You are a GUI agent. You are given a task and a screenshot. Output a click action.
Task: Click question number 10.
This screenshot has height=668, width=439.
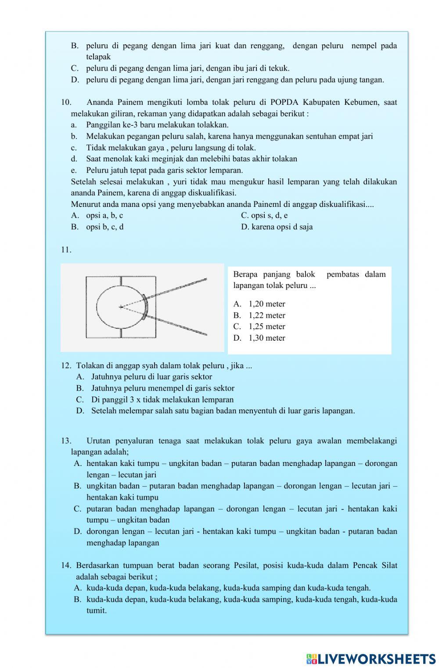coord(66,103)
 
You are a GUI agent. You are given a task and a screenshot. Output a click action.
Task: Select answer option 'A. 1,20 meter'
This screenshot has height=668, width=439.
coord(259,304)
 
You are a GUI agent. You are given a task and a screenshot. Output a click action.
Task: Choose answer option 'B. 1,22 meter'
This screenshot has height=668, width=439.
coord(259,315)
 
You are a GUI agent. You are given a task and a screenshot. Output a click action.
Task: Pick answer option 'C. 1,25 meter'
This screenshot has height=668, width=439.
coord(259,327)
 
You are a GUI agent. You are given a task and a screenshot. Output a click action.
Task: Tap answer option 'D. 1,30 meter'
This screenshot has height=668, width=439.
coord(259,338)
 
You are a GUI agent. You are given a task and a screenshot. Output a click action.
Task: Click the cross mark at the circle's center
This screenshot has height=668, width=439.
coord(121,307)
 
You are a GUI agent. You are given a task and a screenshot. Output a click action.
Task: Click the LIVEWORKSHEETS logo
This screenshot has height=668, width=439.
coord(371,658)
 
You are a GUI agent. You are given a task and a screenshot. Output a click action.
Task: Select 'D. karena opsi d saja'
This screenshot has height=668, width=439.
coord(277,227)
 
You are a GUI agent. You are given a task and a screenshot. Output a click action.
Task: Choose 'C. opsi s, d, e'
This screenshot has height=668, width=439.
coord(264,216)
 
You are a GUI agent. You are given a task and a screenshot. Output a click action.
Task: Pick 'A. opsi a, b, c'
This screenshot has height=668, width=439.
coord(97,216)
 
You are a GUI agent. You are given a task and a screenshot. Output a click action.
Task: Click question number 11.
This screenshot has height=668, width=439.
coord(66,250)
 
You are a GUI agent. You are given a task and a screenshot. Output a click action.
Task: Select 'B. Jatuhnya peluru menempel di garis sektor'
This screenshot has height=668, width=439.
coord(155,388)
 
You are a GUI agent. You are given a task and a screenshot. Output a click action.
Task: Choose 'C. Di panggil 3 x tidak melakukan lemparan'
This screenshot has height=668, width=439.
coord(155,400)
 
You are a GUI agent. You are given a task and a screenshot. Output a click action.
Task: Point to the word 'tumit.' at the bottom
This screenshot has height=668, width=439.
coord(97,611)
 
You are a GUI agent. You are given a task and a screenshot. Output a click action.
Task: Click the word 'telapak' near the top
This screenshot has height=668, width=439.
coord(98,57)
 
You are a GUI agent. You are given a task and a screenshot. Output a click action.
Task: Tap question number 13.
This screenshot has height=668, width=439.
coord(66,441)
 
